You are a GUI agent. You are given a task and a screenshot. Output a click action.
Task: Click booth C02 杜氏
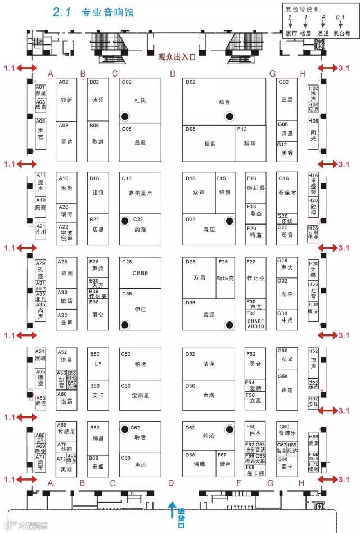[x=140, y=101]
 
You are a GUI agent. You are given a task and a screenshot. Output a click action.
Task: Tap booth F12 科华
[x=250, y=144]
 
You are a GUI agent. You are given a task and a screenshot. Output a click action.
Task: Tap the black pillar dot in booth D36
[x=228, y=324]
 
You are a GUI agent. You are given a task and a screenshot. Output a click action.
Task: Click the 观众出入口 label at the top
[x=177, y=56]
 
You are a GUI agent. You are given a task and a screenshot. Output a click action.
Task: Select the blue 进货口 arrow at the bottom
[x=173, y=510]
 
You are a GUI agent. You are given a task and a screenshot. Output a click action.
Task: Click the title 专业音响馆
[x=107, y=12]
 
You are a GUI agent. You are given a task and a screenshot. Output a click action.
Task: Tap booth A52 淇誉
[x=66, y=359]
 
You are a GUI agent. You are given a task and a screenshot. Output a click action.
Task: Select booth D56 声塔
[x=208, y=394]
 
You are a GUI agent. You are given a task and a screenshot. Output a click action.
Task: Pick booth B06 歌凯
[x=97, y=142]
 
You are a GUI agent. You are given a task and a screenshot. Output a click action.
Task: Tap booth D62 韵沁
[x=208, y=436]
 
